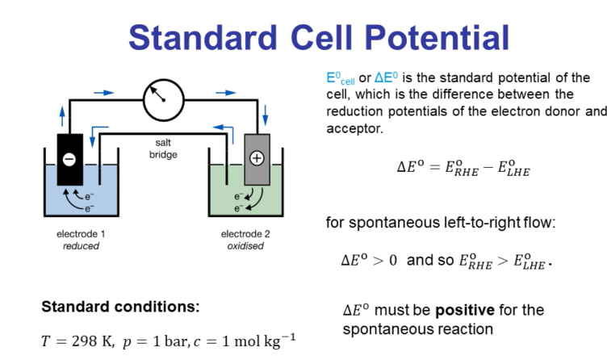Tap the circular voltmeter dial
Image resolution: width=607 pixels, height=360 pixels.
point(164,99)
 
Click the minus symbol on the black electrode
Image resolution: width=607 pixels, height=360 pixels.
point(69,158)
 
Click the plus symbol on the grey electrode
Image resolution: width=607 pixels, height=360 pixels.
point(257,158)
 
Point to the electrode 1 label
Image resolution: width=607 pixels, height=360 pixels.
point(81,234)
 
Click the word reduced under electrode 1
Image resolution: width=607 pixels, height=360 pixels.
point(81,245)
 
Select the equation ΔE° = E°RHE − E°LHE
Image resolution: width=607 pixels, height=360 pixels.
point(463,167)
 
